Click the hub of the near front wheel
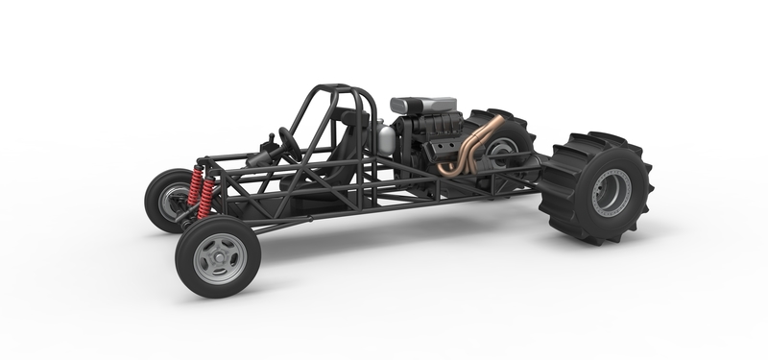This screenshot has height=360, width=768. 219,257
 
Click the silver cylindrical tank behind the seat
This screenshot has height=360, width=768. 386,138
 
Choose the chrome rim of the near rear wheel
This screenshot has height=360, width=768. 612,193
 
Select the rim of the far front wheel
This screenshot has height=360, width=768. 171,201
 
